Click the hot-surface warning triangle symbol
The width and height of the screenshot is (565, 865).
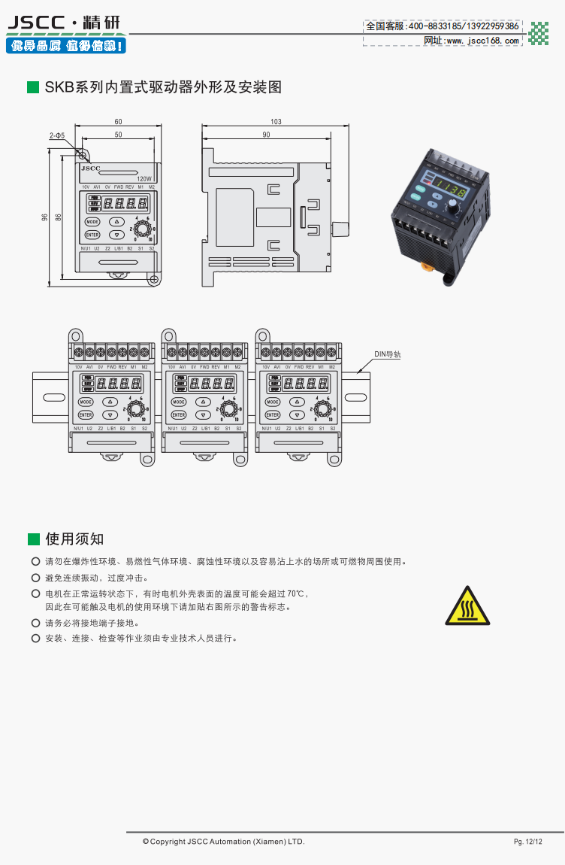467,606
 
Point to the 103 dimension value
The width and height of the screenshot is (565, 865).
276,122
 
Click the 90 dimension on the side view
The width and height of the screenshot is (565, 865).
266,135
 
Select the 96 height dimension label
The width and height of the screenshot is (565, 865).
45,218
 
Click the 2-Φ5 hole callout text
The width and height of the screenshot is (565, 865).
58,135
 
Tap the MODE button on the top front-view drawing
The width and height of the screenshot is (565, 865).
92,222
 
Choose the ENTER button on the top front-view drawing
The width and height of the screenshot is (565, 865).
92,235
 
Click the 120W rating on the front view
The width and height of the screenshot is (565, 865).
145,178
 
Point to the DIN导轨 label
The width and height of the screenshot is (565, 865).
388,354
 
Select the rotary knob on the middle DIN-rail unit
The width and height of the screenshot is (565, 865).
230,408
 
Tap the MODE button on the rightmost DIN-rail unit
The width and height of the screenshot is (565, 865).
272,402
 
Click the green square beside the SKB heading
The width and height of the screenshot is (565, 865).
33,87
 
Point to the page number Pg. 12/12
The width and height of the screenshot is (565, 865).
527,842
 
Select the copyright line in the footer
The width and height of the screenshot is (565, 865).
224,842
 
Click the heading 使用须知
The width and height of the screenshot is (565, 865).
74,539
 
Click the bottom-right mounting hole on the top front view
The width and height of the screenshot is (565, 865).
153,280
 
